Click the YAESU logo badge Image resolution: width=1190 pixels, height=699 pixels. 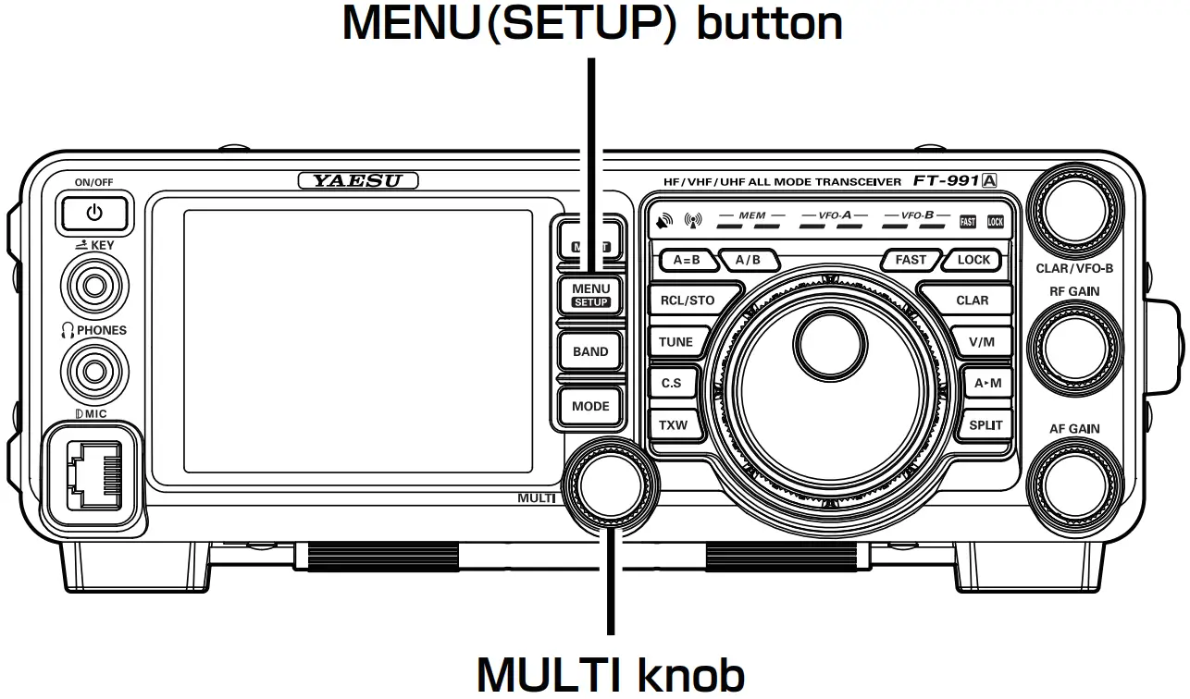pyautogui.click(x=358, y=181)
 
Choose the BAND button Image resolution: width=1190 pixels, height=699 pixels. pyautogui.click(x=590, y=351)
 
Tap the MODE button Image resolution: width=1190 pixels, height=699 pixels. pyautogui.click(x=590, y=406)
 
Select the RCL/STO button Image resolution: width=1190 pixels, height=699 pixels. pyautogui.click(x=687, y=300)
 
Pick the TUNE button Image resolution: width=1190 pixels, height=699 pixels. pyautogui.click(x=676, y=341)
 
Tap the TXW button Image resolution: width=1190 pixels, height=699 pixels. pyautogui.click(x=673, y=425)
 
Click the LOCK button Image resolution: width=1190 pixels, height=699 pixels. pyautogui.click(x=973, y=260)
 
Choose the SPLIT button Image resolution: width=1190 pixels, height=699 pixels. pyautogui.click(x=985, y=425)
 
